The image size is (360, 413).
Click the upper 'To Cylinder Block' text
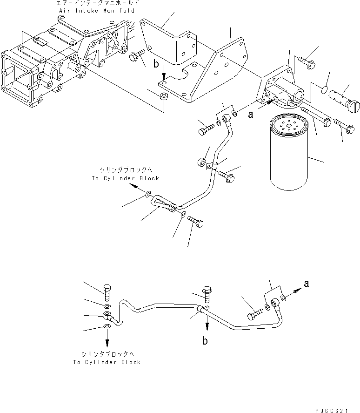[125, 178]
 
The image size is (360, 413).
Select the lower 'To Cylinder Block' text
[107, 362]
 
